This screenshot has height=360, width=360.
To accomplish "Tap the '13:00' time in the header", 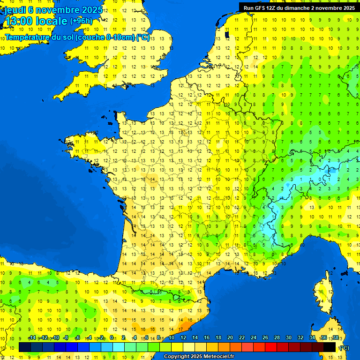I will [20, 21].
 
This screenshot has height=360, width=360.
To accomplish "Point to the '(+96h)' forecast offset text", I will [81, 21].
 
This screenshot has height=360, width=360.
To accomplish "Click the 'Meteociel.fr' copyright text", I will [215, 357].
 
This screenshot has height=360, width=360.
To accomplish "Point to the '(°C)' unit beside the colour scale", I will [344, 347].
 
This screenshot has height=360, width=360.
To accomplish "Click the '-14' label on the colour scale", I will [32, 338].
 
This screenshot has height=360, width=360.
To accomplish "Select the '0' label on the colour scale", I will [112, 338].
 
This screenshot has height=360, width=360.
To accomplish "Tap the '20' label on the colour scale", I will [230, 338].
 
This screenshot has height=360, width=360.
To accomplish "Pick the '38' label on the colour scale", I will [335, 338].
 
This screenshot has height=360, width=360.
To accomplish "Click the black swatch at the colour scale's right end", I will [330, 347].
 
